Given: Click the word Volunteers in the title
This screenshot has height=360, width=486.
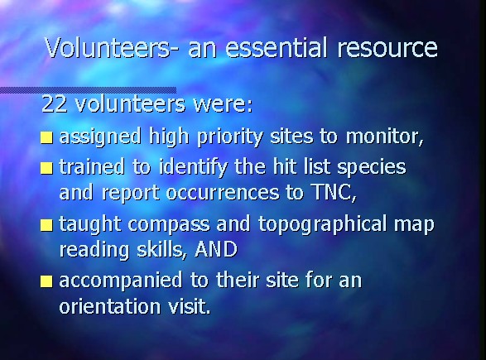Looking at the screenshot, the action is pos(108,47).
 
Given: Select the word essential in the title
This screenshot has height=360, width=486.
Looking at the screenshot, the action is pos(276,47).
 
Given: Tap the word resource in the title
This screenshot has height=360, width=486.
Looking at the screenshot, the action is pos(387,50).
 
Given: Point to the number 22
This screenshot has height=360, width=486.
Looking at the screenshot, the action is pos(54,103).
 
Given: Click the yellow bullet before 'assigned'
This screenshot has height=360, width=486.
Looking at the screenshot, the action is pos(46,137).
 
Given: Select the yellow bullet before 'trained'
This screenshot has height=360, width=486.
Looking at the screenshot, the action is pos(46,168).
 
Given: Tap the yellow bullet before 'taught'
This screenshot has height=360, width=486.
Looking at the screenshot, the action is pos(46,225).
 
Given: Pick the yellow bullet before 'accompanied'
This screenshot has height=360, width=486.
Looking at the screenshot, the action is pos(46,281).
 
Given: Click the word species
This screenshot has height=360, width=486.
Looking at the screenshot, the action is pos(371,168).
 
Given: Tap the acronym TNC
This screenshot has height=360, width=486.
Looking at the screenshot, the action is pos(332,192).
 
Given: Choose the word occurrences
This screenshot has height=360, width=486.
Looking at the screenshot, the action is pos(223,194).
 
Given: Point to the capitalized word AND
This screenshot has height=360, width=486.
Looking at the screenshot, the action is pos(216,249).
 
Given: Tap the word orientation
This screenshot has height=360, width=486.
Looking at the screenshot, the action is pos(110,306).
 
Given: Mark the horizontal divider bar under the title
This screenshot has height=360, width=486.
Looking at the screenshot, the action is pos(88,90).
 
